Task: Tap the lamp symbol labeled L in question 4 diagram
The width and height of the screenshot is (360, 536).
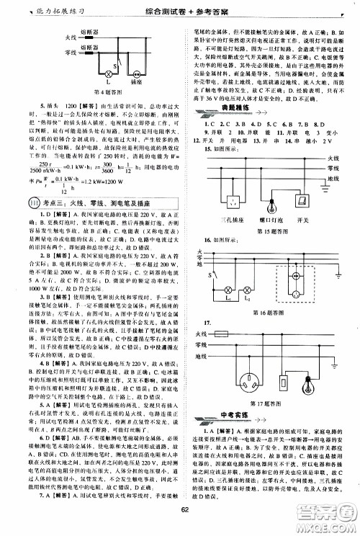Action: coord(91,73)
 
